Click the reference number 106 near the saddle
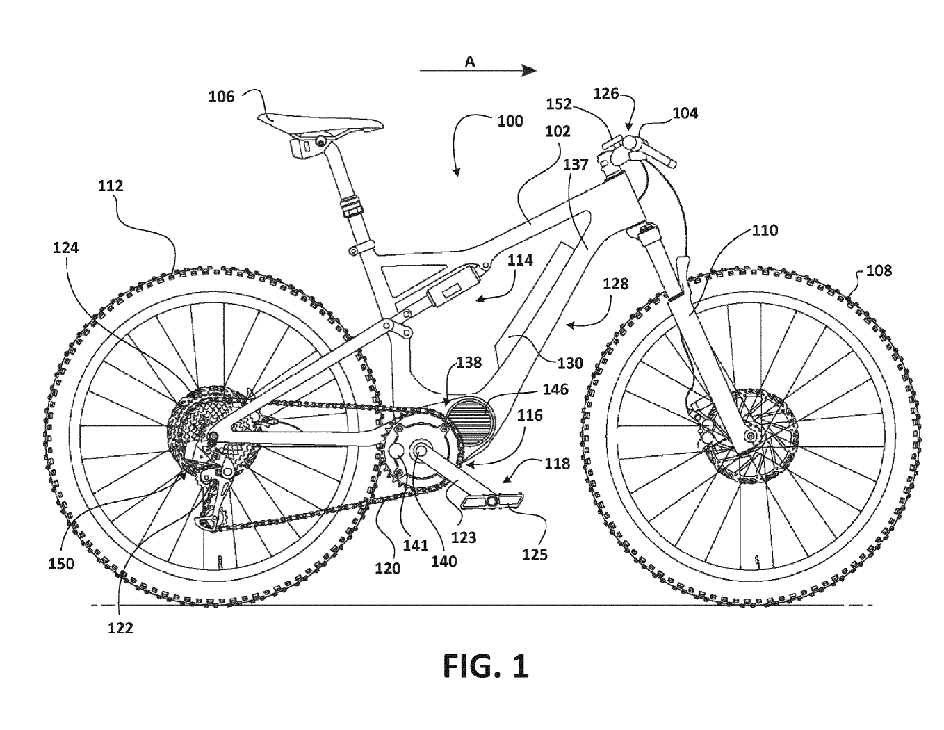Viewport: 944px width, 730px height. [222, 97]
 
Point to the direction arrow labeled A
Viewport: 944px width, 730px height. [478, 69]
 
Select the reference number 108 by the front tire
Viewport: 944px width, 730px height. [879, 270]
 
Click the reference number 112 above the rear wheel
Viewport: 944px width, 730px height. [111, 186]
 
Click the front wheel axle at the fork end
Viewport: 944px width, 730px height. [749, 436]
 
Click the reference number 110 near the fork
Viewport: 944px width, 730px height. [765, 229]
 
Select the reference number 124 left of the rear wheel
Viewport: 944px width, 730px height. [66, 247]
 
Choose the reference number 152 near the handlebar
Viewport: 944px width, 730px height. [560, 104]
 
